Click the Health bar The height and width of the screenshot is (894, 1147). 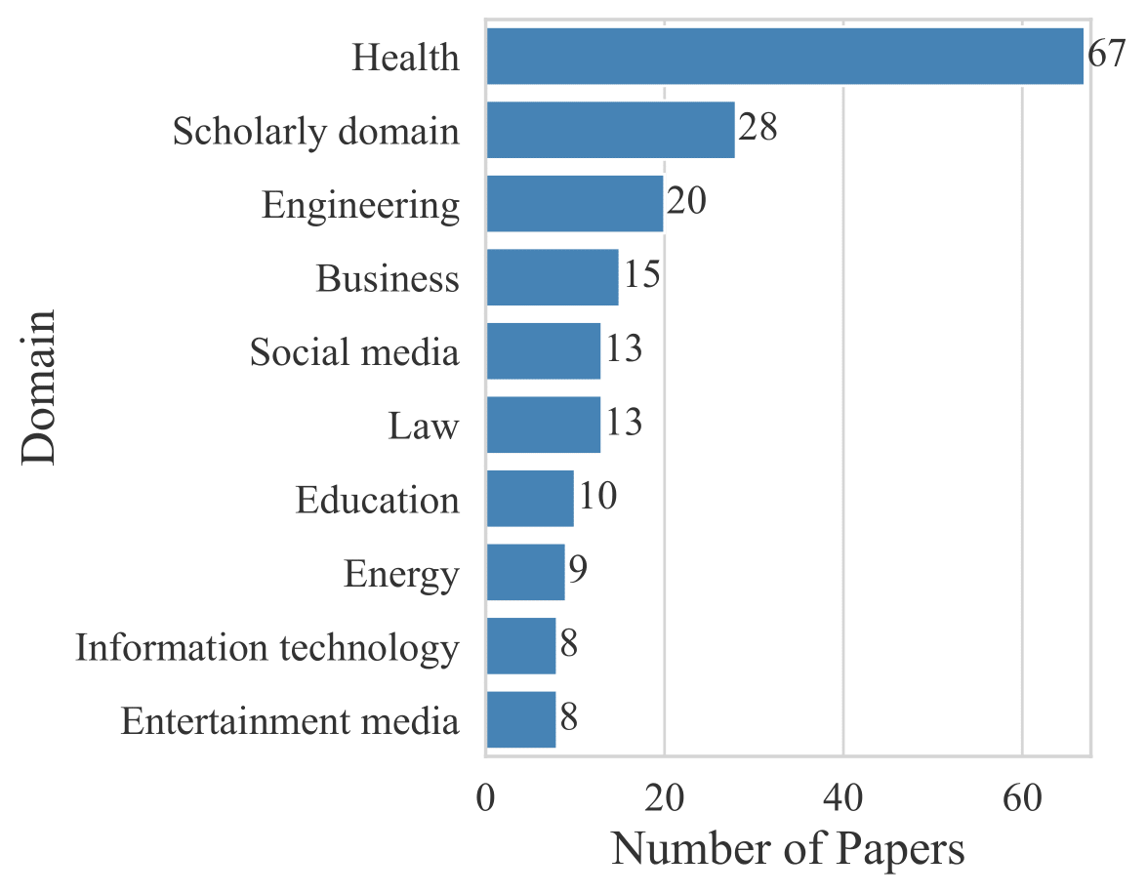785,57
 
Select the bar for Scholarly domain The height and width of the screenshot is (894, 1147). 610,130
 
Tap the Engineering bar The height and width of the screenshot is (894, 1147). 574,204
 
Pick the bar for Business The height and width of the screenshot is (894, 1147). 552,277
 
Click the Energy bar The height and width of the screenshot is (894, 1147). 525,573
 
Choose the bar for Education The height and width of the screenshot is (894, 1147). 529,499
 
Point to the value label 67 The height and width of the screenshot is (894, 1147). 1108,55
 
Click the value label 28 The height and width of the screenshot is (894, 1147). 758,128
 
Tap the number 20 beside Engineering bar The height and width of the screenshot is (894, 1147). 685,202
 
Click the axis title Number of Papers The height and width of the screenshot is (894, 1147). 788,850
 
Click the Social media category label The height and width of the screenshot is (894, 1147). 354,352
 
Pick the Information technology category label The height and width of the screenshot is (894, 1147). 267,648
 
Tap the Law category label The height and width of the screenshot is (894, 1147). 424,427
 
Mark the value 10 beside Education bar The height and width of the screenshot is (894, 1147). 596,498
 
